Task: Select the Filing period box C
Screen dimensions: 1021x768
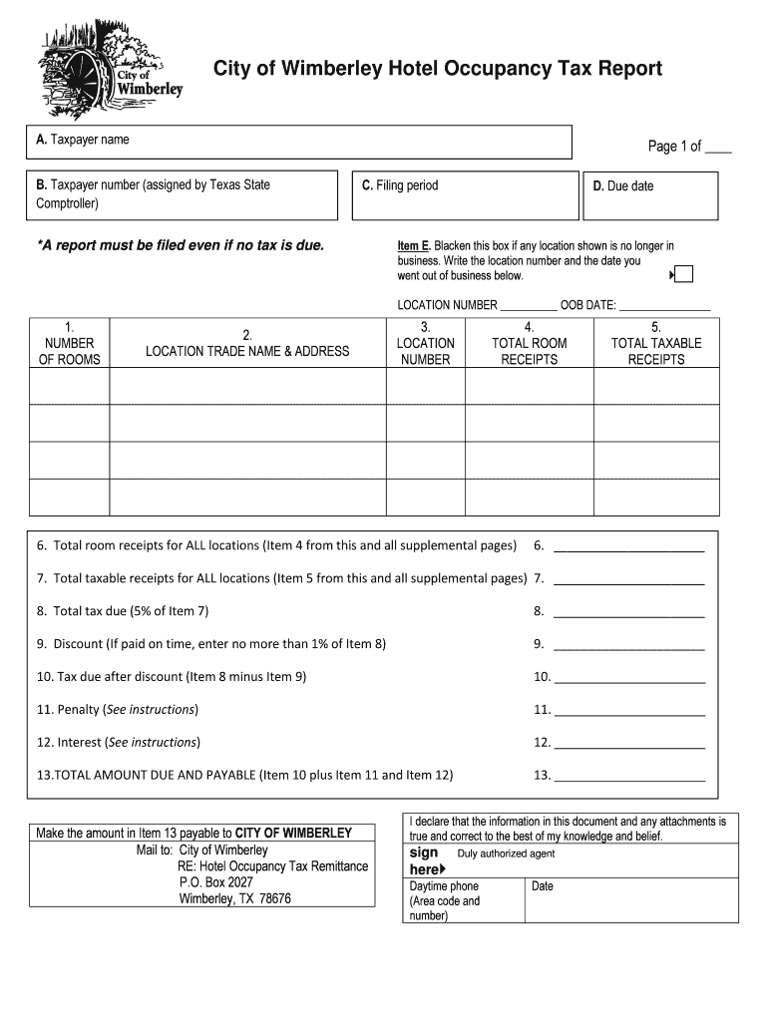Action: tap(464, 195)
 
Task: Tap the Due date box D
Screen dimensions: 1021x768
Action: tap(648, 195)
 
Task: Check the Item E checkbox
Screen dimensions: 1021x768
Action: tap(684, 274)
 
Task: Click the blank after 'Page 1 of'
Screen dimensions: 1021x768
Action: tap(717, 148)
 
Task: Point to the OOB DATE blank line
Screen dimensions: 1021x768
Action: tap(665, 306)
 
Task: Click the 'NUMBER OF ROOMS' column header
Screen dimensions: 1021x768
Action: tap(69, 343)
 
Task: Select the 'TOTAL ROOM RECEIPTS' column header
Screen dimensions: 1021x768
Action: tap(529, 343)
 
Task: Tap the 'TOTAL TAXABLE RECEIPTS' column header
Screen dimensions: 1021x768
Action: tap(655, 343)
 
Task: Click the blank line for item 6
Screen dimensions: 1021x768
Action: tap(628, 546)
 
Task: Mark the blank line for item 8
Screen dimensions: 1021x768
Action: tap(628, 612)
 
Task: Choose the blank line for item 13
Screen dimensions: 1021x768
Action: tap(628, 776)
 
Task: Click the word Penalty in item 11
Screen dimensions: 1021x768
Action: tap(80, 710)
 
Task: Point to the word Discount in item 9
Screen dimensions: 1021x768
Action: tap(79, 644)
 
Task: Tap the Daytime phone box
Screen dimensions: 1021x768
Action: tap(463, 900)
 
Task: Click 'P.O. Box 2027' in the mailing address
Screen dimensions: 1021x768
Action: tap(215, 882)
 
